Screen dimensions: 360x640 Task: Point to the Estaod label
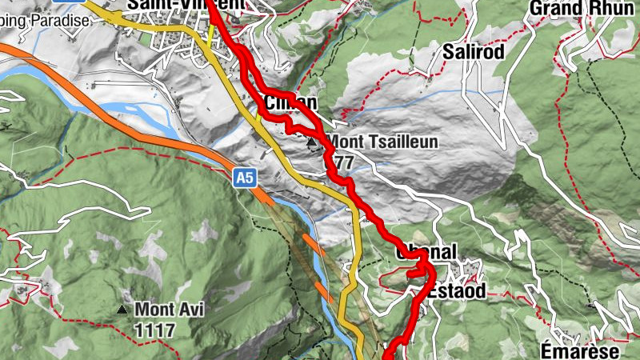(x=456, y=291)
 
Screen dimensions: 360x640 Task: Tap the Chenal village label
(x=426, y=253)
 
